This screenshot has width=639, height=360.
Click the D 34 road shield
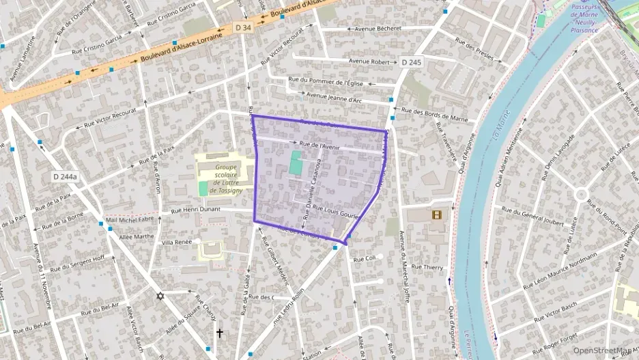242,27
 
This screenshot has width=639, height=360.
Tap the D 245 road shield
411,62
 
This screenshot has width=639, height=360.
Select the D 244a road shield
65,177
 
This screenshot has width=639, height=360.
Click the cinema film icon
436,214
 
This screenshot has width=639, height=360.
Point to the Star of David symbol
160,296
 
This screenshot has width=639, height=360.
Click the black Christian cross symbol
219,333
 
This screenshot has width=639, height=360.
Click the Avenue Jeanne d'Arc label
334,98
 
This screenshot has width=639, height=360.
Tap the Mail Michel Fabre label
130,219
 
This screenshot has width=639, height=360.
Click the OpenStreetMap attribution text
603,350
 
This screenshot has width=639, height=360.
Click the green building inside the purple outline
296,164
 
